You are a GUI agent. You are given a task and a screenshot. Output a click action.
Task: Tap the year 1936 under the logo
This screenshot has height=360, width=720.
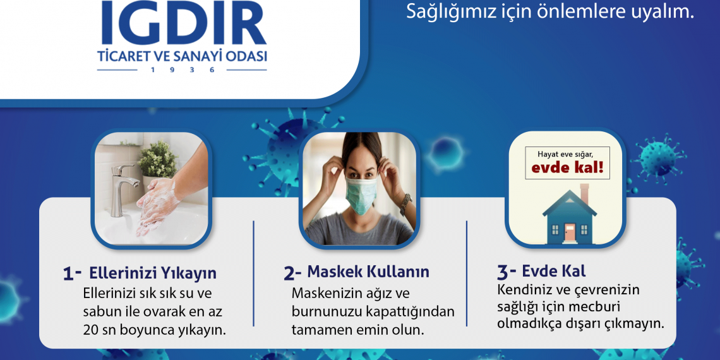coord(182,69)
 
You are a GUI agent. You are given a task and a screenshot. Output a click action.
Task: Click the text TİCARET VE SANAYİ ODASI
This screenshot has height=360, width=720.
coord(182,56)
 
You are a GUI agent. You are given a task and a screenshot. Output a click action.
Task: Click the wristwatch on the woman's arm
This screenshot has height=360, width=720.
coord(405,203)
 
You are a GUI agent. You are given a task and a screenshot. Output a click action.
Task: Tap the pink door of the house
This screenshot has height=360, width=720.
coord(570,233)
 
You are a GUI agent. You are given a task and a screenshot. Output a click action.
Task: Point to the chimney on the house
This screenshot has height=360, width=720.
coord(584,194)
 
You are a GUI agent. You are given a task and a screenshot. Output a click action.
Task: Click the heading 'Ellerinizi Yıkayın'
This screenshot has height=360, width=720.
coord(153,273)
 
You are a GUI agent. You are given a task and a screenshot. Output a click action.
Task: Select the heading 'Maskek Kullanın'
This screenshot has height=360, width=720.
coord(368,272)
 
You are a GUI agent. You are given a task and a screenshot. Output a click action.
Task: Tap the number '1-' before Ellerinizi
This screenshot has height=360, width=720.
coord(72,273)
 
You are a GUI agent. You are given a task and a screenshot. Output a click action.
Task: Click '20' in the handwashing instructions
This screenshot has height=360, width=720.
coord(90,330)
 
